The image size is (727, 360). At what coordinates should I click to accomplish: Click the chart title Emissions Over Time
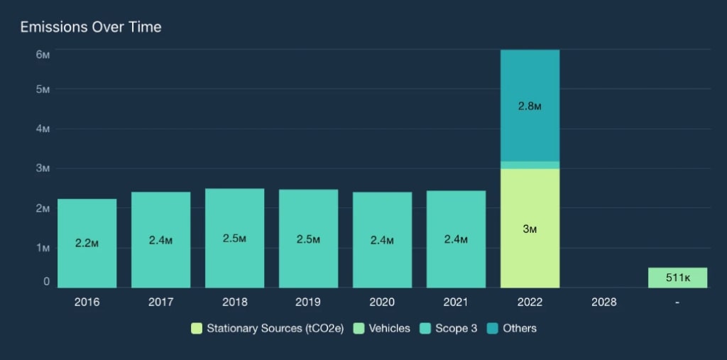tap(91, 28)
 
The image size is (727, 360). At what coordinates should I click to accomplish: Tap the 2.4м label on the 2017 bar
tap(160, 240)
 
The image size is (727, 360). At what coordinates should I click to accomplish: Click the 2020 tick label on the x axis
tap(382, 302)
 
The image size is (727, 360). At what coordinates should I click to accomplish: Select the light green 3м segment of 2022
tap(530, 229)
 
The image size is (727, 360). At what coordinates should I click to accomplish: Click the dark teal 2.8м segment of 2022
tap(530, 107)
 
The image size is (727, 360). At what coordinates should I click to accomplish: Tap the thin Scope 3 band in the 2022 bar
tap(530, 165)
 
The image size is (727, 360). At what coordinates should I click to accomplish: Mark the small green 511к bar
tap(677, 278)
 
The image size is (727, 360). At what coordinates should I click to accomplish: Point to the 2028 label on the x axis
tap(603, 302)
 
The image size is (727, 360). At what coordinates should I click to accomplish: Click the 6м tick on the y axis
tap(42, 55)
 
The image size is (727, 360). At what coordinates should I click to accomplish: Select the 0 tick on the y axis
tap(46, 282)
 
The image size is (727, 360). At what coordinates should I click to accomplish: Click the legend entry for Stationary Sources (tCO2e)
tap(267, 328)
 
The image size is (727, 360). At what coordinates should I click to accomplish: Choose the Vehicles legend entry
tap(383, 328)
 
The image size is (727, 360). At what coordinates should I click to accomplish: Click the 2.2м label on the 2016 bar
tap(87, 243)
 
